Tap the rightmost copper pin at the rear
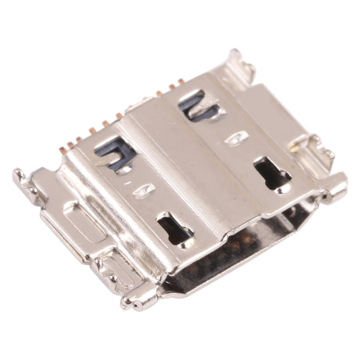180,84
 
